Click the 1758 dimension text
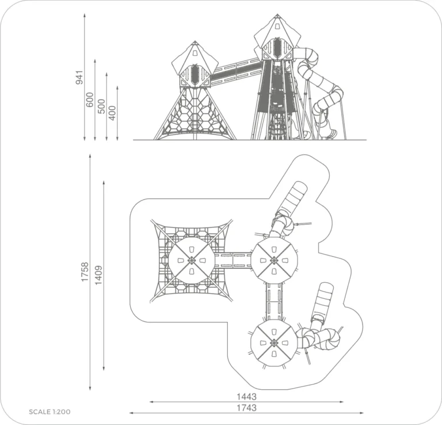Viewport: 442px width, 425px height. [x=85, y=272]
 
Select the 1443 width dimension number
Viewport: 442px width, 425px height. [x=246, y=397]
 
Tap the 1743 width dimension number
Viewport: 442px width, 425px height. [x=246, y=408]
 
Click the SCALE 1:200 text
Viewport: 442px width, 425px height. [x=49, y=412]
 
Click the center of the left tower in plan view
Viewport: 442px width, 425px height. [x=192, y=260]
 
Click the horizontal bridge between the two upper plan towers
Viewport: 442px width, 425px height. [x=233, y=260]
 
